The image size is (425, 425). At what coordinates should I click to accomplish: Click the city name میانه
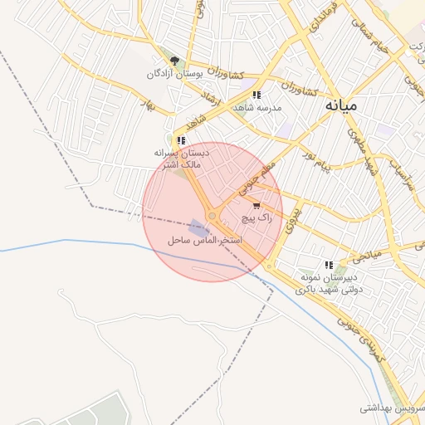[341, 105]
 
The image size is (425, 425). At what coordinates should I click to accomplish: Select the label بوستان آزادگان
[174, 74]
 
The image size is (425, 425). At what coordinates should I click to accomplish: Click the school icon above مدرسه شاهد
[256, 95]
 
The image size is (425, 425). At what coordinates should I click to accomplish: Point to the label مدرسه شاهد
[257, 108]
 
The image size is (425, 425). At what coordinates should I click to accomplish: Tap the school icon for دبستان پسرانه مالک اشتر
[181, 140]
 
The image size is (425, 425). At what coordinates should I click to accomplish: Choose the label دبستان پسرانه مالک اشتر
[182, 159]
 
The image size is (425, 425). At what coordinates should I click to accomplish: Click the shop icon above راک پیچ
[256, 205]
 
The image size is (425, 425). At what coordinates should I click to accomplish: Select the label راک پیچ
[256, 217]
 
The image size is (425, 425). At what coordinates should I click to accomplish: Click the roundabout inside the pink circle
[212, 216]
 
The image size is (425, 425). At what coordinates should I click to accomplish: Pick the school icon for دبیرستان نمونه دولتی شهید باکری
[329, 265]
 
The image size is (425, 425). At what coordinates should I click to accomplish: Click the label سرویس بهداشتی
[390, 408]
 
